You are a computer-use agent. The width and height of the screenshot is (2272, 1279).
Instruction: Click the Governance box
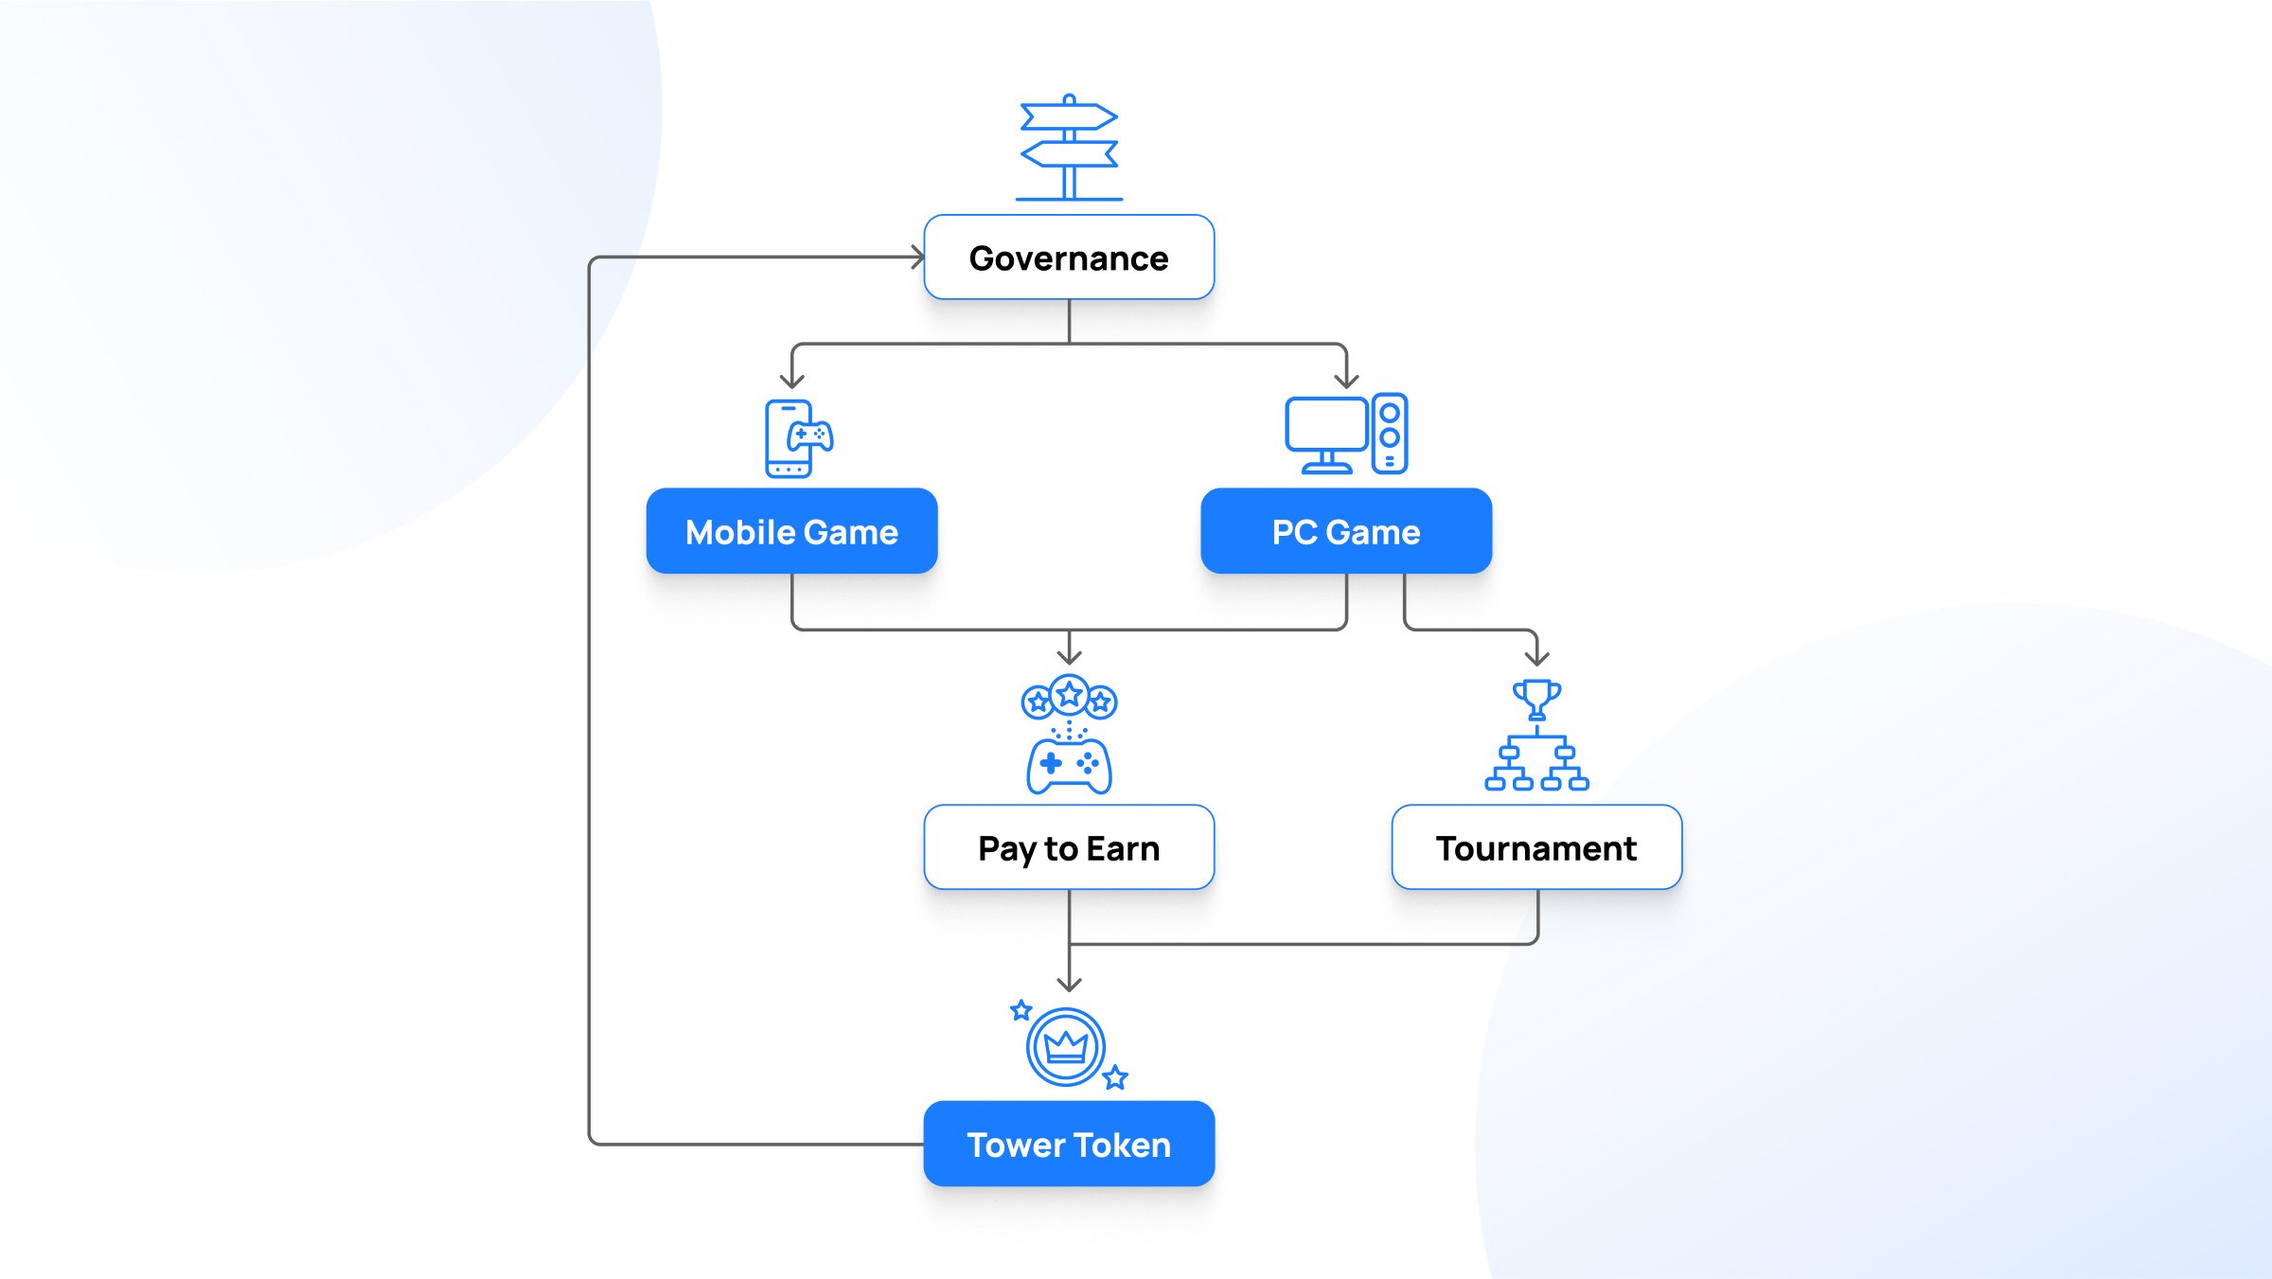tap(1069, 258)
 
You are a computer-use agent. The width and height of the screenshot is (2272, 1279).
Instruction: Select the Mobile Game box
tap(791, 531)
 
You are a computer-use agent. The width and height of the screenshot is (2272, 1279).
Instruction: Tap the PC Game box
tap(1346, 531)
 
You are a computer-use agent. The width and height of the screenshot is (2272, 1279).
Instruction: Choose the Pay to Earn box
tap(1069, 847)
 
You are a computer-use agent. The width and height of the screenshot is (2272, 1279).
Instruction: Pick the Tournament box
tap(1536, 847)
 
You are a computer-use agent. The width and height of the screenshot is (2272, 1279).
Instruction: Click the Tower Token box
tap(1069, 1144)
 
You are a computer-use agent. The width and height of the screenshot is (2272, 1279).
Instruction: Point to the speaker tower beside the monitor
tap(1390, 434)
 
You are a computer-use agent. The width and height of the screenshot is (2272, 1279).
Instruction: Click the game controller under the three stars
tap(1069, 765)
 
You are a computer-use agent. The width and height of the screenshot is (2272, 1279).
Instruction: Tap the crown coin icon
tap(1066, 1046)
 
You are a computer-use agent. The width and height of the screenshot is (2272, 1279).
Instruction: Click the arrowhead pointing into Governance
tap(918, 257)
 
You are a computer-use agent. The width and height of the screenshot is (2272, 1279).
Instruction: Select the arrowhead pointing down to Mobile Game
tap(792, 382)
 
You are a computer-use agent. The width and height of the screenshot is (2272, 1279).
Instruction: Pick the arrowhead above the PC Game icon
tap(1346, 382)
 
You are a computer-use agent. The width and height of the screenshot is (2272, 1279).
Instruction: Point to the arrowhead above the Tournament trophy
tap(1537, 658)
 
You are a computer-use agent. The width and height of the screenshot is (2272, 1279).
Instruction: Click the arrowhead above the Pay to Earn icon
tap(1069, 658)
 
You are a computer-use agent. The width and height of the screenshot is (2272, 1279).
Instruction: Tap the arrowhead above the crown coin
tap(1069, 985)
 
